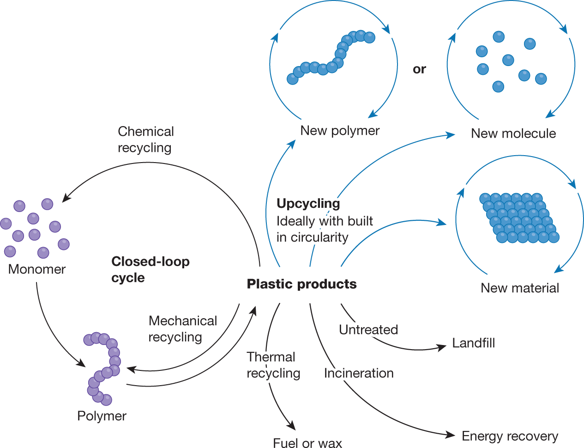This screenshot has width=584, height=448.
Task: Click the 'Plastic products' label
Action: point(301,284)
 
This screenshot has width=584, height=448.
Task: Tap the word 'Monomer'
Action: point(37,269)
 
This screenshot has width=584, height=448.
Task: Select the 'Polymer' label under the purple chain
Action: point(102,416)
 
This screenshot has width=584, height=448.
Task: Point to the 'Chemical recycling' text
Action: point(145,139)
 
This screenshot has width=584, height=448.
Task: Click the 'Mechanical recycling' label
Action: point(182,329)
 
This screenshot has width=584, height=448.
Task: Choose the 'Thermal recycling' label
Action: point(273,365)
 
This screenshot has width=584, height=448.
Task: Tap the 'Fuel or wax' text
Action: point(307,443)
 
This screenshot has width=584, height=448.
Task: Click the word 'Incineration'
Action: point(359,373)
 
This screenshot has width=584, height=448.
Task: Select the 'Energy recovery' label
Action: point(510,436)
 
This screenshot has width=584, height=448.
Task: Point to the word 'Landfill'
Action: point(474,343)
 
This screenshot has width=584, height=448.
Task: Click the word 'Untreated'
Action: point(368,330)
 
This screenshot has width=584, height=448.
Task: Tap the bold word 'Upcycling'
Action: point(308,203)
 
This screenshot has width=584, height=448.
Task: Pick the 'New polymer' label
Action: point(340,131)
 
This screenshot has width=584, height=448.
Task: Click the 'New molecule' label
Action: point(513,133)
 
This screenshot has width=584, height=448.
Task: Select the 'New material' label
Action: point(520,288)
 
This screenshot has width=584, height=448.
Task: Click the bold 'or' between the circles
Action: point(419,69)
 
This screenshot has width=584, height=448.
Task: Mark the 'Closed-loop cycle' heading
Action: point(150,269)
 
